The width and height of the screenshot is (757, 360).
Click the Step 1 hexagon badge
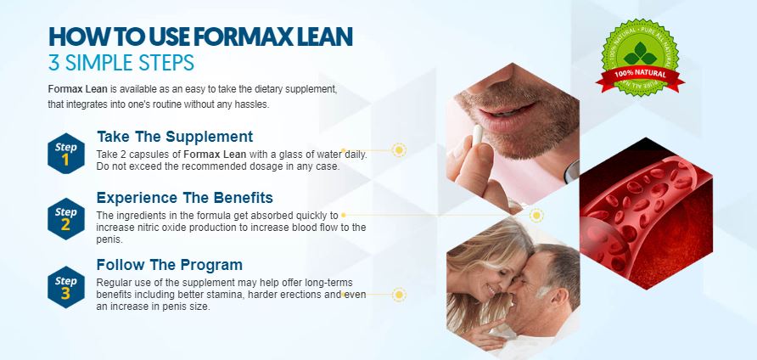pyautogui.click(x=66, y=152)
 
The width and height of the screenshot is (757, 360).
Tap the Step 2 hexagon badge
pyautogui.click(x=66, y=218)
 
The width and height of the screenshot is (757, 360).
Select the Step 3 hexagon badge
pyautogui.click(x=66, y=286)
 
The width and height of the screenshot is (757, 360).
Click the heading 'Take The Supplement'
pyautogui.click(x=175, y=136)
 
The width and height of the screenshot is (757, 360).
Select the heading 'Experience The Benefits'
pyautogui.click(x=184, y=197)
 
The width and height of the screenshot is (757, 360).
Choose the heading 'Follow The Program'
pyautogui.click(x=170, y=265)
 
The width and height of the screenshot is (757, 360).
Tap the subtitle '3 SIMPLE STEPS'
pyautogui.click(x=121, y=63)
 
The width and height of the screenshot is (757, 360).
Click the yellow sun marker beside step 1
pyautogui.click(x=399, y=150)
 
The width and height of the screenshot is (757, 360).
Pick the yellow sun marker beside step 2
pyautogui.click(x=536, y=216)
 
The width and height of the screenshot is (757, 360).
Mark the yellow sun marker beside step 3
pyautogui.click(x=399, y=295)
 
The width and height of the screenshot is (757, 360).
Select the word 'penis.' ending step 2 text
pyautogui.click(x=109, y=239)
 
